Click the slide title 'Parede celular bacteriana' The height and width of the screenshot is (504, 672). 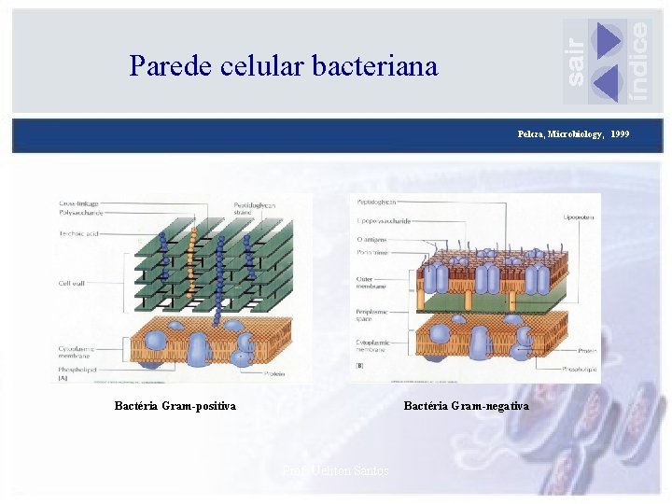283,66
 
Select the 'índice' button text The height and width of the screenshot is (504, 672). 638,60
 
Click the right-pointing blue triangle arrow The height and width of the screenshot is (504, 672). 608,40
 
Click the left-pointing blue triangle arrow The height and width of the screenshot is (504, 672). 606,84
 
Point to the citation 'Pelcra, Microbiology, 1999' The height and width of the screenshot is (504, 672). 573,134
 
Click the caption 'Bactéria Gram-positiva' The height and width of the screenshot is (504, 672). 175,406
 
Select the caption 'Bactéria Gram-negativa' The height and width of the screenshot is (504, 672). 466,406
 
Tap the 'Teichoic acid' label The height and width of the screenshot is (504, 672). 78,233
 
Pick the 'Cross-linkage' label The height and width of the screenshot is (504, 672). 77,203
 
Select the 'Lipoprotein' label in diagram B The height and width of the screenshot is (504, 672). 579,217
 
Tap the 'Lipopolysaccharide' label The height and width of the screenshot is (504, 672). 383,221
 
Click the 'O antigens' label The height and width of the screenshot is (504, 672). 372,239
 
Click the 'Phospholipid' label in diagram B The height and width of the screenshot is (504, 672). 580,370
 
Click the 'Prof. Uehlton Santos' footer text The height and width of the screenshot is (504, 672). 335,470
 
